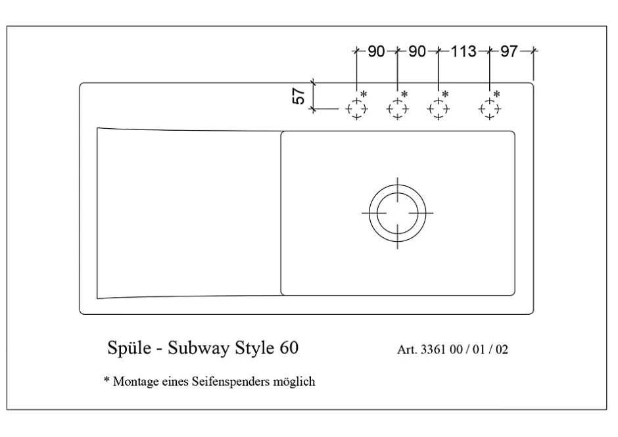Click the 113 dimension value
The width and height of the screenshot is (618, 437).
coord(463,51)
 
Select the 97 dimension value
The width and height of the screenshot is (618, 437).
coord(509,51)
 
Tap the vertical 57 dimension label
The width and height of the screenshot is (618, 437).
coord(298,96)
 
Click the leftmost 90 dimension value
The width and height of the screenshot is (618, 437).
coord(376,51)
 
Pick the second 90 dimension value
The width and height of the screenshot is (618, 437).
coord(417,51)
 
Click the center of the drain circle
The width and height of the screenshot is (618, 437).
coord(397,213)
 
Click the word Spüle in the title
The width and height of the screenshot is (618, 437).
coord(130,348)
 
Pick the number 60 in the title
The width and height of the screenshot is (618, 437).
coord(289,348)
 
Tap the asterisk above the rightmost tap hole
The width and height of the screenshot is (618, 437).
coord(496,94)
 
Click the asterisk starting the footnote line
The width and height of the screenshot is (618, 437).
coord(107,379)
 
